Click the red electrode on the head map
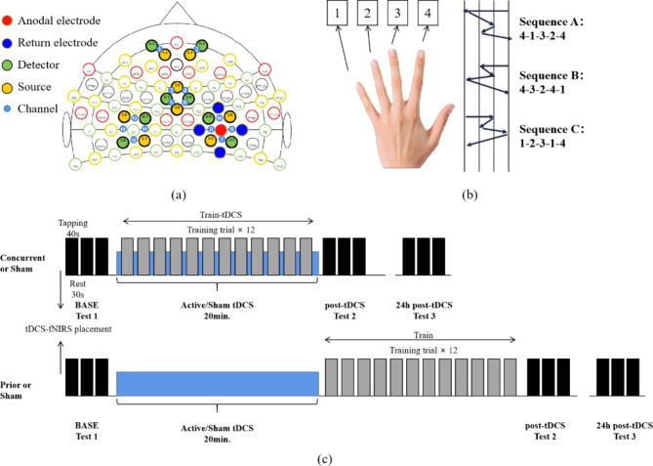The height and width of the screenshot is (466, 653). [x=222, y=129]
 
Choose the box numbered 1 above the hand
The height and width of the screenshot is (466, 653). [x=335, y=17]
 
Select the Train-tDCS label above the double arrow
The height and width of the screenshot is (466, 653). [x=219, y=214]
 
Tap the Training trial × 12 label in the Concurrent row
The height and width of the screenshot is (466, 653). [x=218, y=229]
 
